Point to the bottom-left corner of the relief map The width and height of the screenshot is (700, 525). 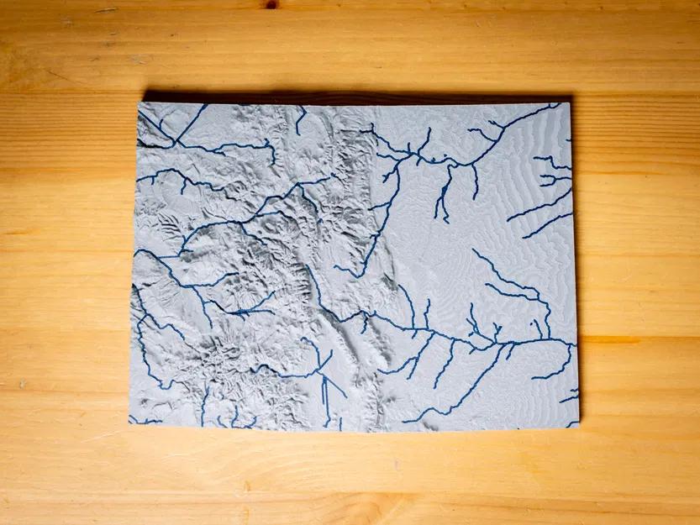tap(129, 423)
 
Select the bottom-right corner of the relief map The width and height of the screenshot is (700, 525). tap(579, 427)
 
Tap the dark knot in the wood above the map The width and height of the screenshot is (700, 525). tap(271, 4)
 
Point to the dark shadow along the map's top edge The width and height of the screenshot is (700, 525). tap(353, 97)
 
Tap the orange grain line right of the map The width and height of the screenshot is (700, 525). tap(639, 339)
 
